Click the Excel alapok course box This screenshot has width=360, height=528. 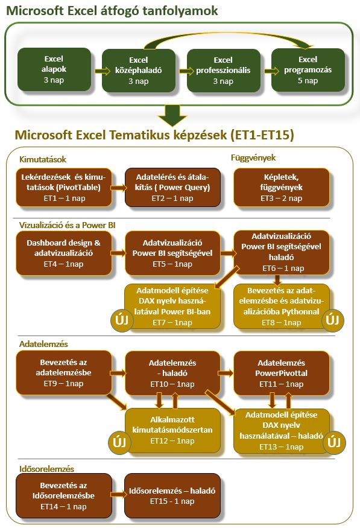54,69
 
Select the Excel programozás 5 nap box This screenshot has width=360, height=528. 308,70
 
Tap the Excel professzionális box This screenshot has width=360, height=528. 223,71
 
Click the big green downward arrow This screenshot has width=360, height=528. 172,115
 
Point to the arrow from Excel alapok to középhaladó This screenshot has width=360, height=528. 103,71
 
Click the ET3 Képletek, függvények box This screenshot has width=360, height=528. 281,187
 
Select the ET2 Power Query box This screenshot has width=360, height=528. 172,187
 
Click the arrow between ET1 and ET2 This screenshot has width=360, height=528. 118,188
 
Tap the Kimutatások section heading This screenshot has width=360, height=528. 43,159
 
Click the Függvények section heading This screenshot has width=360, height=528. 253,157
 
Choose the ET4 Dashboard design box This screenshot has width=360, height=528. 63,253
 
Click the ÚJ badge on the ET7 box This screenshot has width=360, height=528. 122,320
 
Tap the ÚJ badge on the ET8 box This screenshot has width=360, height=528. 332,320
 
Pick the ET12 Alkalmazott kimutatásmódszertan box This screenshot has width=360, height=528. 172,430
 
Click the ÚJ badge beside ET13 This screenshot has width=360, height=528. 333,442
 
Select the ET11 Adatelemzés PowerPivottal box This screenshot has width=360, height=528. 281,373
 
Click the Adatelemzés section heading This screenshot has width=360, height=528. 43,344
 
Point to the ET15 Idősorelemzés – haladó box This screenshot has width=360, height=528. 172,495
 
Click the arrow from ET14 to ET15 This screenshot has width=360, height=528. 118,494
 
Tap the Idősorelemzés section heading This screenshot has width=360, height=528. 46,468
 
